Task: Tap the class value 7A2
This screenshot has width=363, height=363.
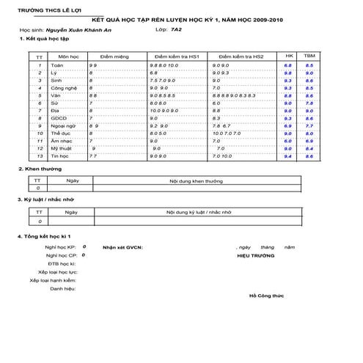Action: tap(175, 32)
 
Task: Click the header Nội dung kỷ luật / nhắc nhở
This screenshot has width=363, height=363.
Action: tap(199, 212)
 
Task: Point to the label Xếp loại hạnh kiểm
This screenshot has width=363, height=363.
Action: tap(54, 280)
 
